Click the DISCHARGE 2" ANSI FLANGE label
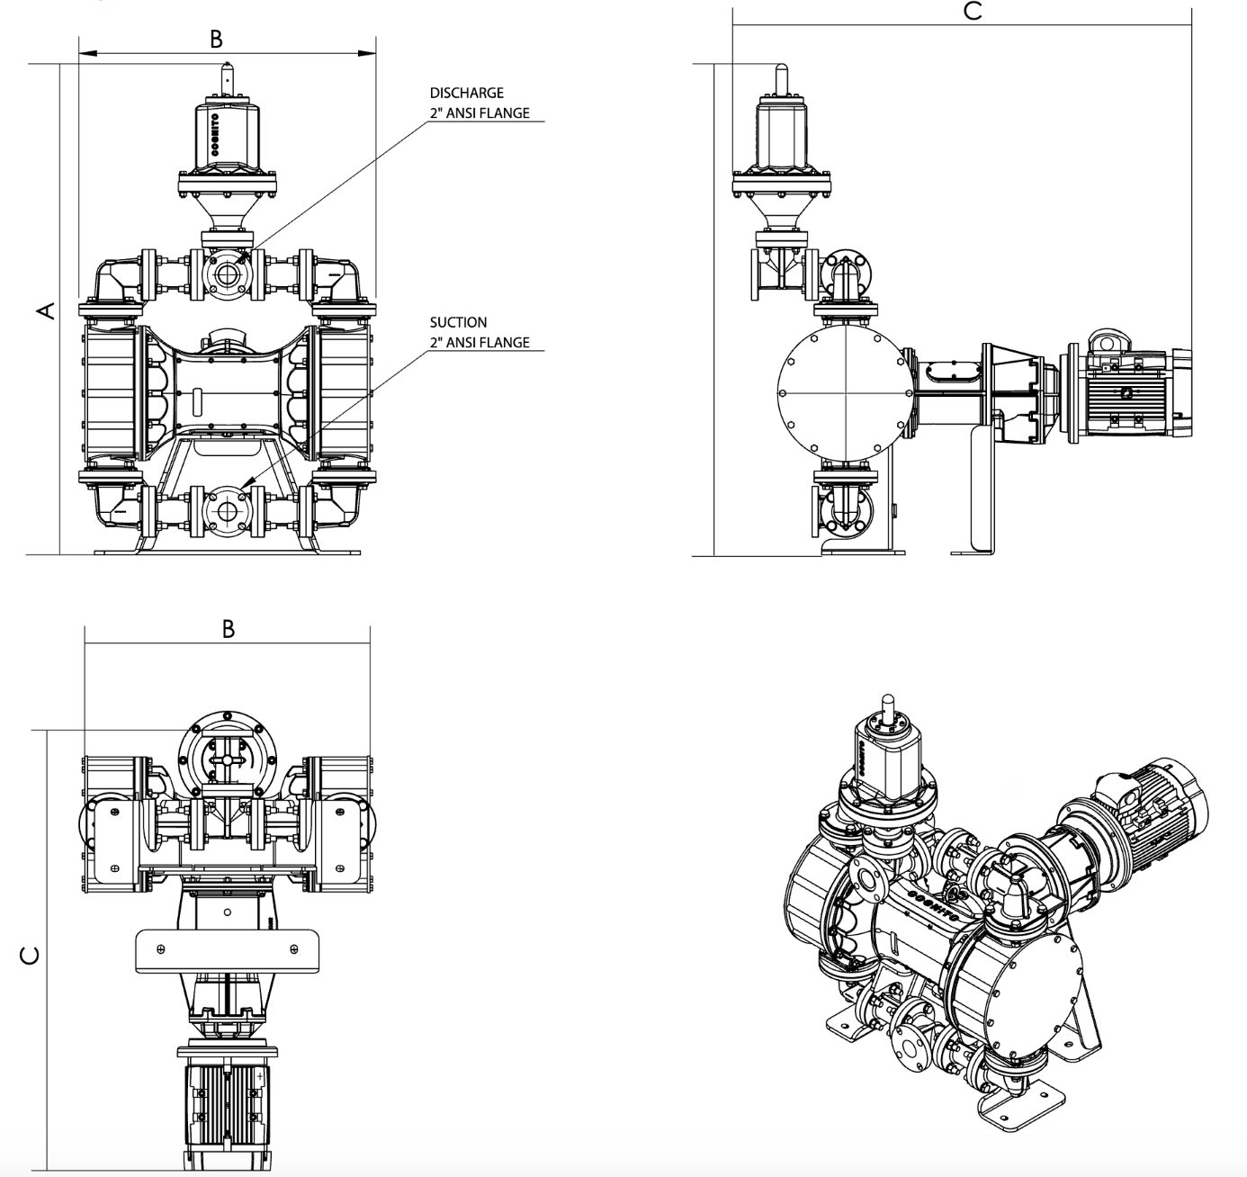pos(479,103)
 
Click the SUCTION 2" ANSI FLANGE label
pos(479,332)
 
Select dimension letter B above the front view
pos(216,39)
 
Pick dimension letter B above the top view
pos(228,629)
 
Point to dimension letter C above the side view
pos(972,11)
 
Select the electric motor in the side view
pos(1129,393)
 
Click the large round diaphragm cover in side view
pos(846,393)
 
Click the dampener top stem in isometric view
pos(889,707)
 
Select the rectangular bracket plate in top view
pos(227,951)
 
